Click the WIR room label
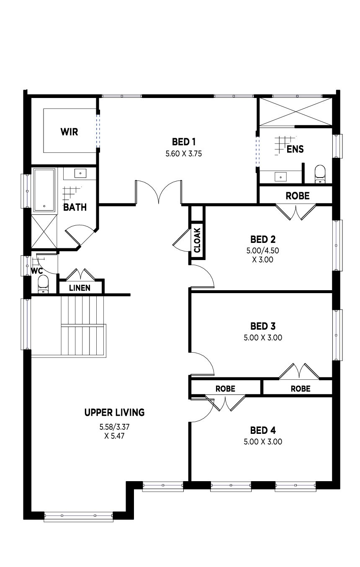69,132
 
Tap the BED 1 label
184,142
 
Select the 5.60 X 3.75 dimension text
184,154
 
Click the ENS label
295,149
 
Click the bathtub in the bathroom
44,190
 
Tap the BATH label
75,207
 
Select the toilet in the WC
44,284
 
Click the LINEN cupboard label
80,288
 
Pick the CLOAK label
197,240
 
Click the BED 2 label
262,240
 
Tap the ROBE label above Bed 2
297,196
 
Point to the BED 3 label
262,326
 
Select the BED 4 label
262,430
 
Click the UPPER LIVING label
114,412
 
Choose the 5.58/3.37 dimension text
114,427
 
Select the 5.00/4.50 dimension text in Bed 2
262,251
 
